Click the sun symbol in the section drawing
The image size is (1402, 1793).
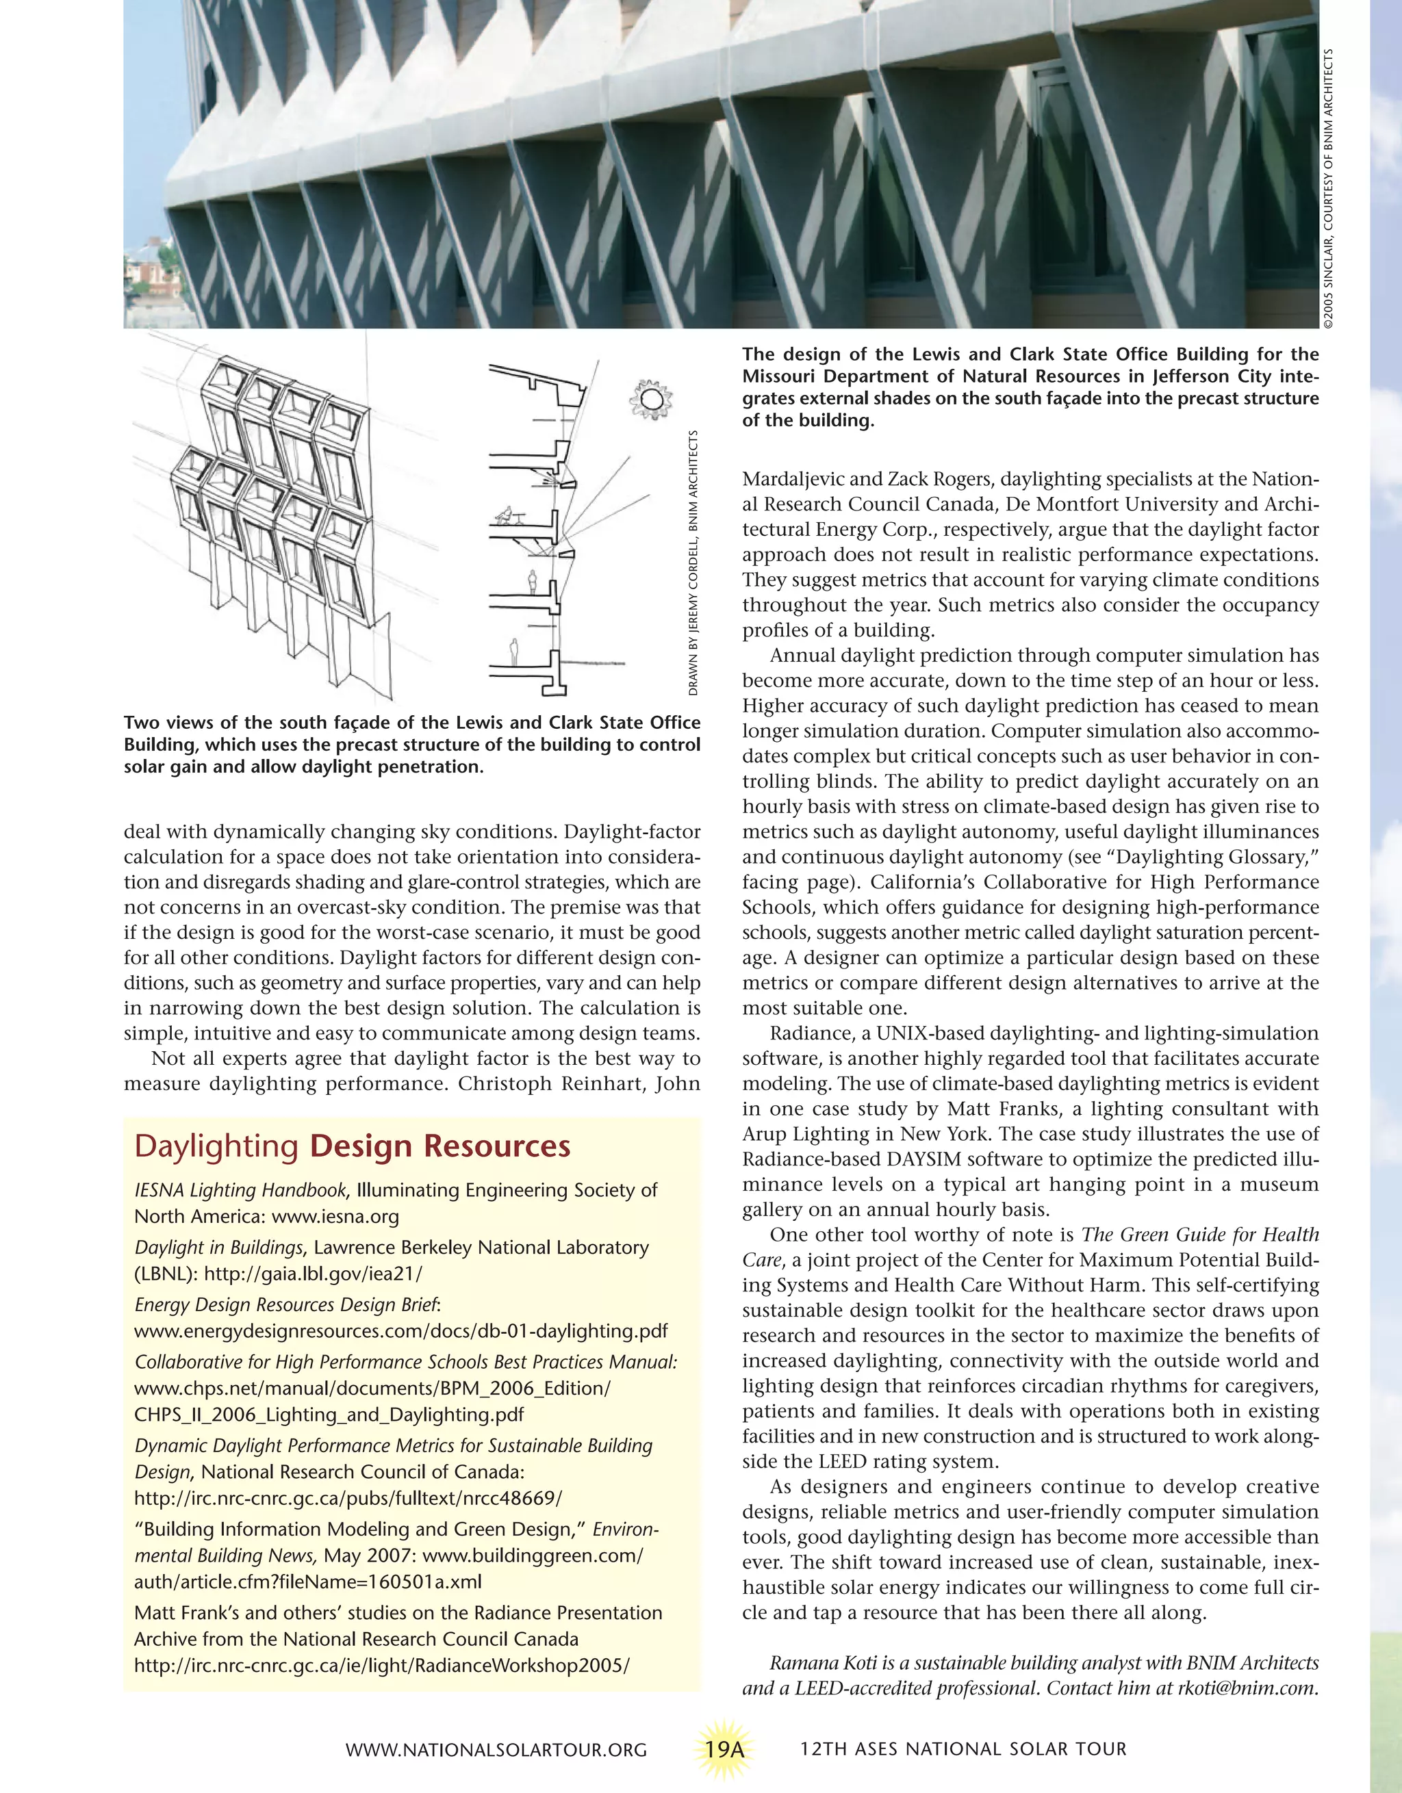tap(650, 400)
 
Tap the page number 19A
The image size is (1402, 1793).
tap(724, 1749)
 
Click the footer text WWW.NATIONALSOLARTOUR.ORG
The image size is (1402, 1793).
tap(496, 1749)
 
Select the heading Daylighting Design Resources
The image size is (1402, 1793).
tap(353, 1146)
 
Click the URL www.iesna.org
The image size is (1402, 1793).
tap(335, 1217)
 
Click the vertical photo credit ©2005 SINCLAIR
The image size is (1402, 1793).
tap(1328, 189)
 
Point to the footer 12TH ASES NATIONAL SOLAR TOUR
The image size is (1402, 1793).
tap(963, 1749)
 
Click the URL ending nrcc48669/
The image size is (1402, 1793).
tap(348, 1498)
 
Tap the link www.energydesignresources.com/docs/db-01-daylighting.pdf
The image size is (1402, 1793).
tap(400, 1331)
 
